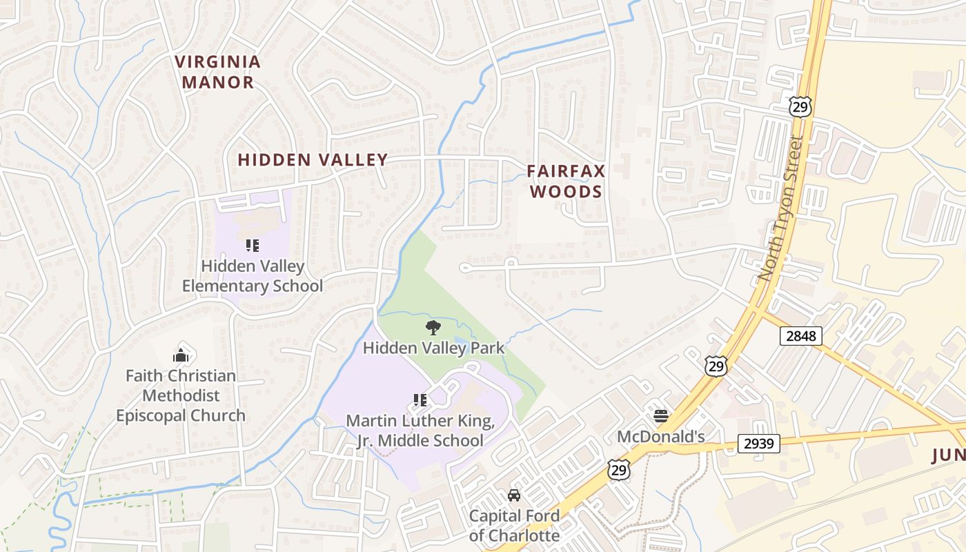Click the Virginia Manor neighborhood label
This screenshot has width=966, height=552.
coord(218,72)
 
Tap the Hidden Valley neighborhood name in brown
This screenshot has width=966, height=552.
coord(313,160)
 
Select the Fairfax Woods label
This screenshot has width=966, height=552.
coord(566,181)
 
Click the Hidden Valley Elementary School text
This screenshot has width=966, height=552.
coord(252,276)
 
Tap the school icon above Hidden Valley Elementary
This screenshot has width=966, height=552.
coord(252,246)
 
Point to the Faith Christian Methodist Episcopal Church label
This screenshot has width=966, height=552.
coord(181,395)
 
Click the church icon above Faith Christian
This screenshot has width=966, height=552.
coord(181,355)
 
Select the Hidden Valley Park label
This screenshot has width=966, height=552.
coord(433,348)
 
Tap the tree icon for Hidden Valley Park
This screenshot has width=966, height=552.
coord(433,327)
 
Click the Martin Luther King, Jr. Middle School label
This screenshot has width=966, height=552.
coord(420,431)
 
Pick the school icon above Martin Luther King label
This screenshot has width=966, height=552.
coord(420,400)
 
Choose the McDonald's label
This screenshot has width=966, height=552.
coord(660,437)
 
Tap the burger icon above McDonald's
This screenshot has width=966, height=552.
coord(660,415)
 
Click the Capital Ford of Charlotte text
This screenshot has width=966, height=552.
coord(514,525)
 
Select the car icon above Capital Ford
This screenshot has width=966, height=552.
coord(514,495)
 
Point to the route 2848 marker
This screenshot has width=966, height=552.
coord(800,336)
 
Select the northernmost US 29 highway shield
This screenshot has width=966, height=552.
coord(800,106)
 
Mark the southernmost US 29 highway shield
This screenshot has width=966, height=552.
coord(618,469)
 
